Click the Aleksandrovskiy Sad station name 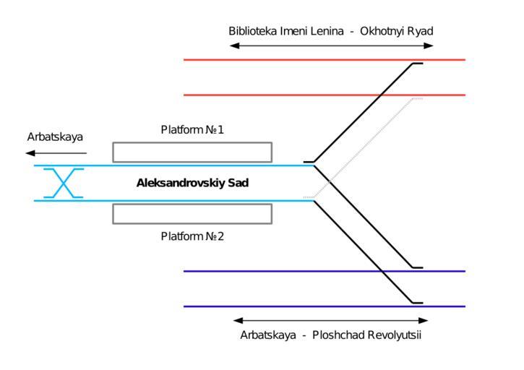coord(192,184)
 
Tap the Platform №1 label coord(192,130)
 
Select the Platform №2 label coord(192,236)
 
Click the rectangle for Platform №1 coord(192,152)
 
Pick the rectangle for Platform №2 coord(192,214)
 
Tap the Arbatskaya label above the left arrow coord(55,137)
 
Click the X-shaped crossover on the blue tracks coord(64,183)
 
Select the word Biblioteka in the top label coord(253,31)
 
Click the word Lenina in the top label coord(324,31)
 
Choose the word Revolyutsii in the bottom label coord(395,335)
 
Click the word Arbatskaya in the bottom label coord(268,335)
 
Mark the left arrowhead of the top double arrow coord(233,46)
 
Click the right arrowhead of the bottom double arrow coord(424,320)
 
